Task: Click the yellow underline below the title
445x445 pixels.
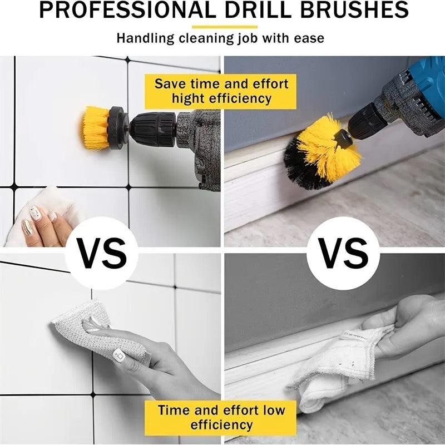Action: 225,26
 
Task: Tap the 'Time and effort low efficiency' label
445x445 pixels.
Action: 221,417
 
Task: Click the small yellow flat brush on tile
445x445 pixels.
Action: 96,128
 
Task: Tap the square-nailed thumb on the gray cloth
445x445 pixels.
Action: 118,354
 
